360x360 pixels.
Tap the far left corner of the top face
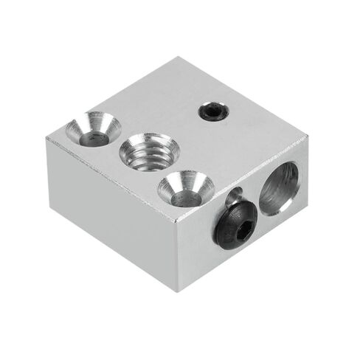pyautogui.click(x=47, y=137)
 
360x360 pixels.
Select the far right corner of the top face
pyautogui.click(x=307, y=136)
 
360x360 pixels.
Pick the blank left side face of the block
pyautogui.click(x=111, y=214)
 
